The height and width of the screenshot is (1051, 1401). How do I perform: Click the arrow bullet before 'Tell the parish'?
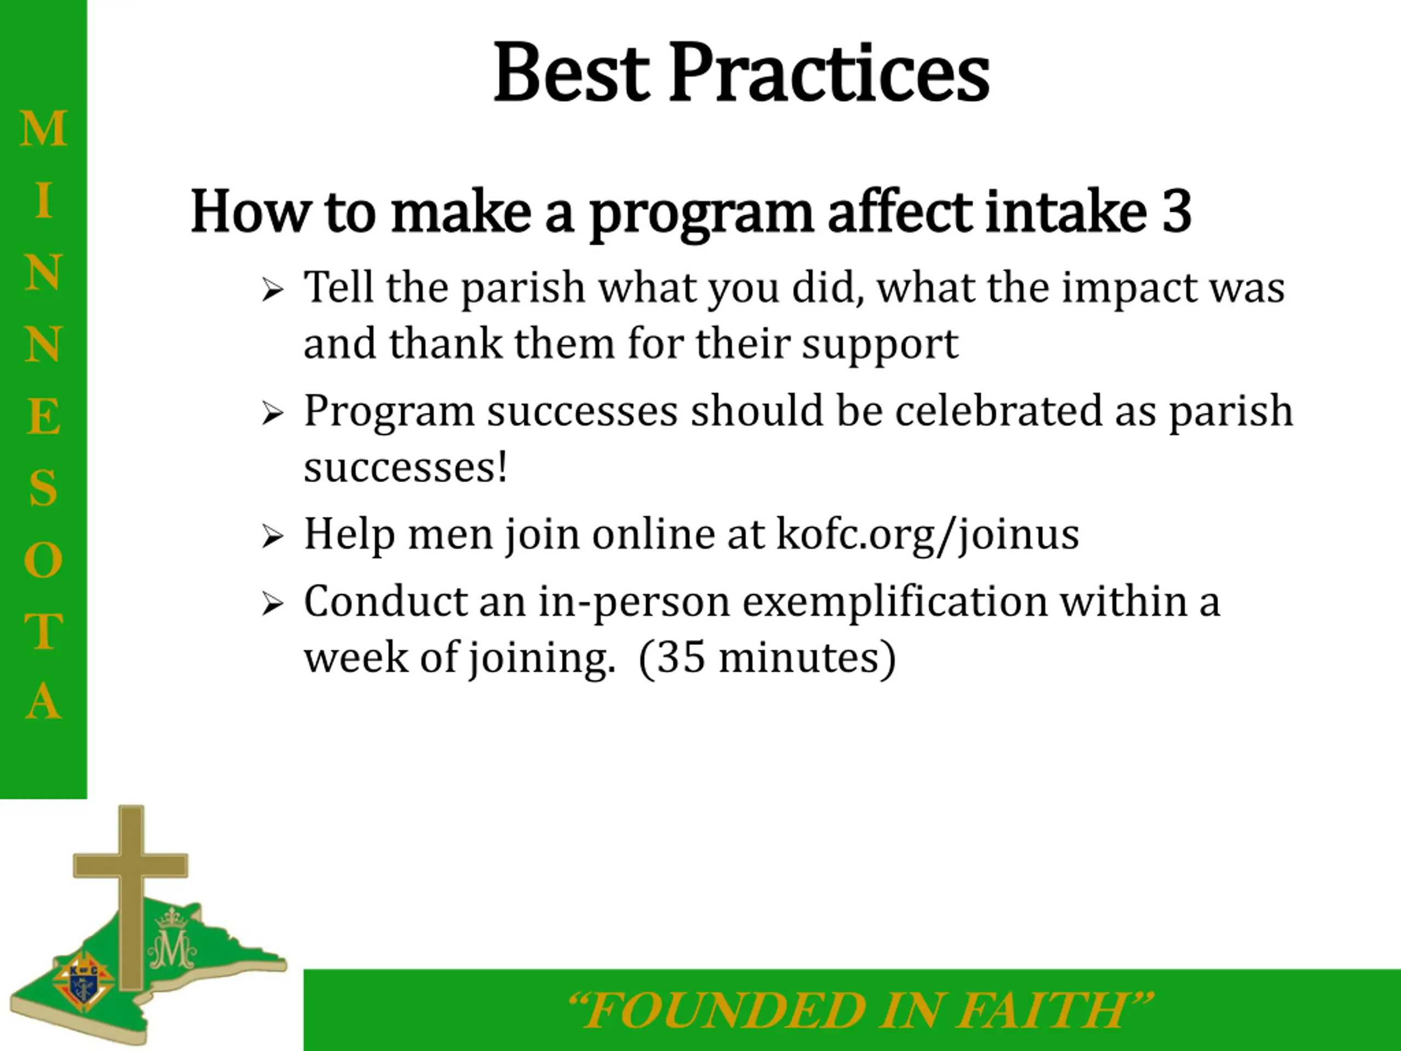(273, 291)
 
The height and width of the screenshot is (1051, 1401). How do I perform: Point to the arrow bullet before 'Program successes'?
(273, 414)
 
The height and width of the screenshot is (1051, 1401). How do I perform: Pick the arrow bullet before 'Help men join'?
(273, 536)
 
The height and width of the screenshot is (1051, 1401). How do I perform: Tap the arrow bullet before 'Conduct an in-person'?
(273, 604)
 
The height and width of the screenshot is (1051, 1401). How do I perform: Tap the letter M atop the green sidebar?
(43, 129)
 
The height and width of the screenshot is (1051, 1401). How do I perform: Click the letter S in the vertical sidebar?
(43, 488)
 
